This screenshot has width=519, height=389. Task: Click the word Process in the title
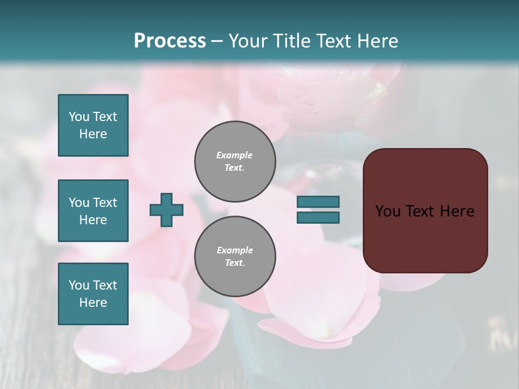click(170, 41)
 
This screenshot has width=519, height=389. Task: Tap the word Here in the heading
click(375, 41)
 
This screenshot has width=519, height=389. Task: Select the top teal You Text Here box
click(93, 125)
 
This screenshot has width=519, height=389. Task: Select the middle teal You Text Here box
click(93, 211)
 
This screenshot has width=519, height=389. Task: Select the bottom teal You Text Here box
click(93, 294)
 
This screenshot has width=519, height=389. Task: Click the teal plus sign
click(167, 210)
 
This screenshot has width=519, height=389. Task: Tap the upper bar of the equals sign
click(318, 202)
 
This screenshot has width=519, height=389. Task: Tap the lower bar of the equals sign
click(318, 218)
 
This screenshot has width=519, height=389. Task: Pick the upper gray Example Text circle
click(235, 161)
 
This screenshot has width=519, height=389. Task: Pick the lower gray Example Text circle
click(235, 256)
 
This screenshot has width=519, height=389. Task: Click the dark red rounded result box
click(425, 211)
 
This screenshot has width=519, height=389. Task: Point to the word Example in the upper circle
click(235, 155)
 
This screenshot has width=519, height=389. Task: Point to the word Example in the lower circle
click(235, 250)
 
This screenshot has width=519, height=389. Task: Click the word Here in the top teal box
click(93, 134)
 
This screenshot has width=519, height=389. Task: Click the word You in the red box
click(388, 211)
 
